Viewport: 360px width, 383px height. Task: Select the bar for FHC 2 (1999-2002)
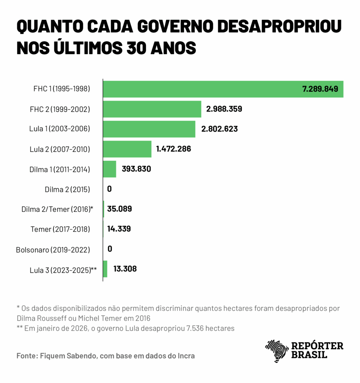[152, 109]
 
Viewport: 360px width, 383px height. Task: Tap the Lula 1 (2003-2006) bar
[149, 129]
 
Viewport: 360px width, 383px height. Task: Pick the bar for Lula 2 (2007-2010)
[127, 149]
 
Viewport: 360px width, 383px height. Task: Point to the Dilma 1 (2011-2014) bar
[110, 169]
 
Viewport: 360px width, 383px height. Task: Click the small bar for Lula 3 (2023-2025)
[105, 269]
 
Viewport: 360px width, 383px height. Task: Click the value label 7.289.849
[320, 89]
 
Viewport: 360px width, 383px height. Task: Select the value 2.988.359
[224, 109]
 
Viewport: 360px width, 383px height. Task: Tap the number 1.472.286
[174, 149]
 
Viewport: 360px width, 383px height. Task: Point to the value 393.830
[136, 169]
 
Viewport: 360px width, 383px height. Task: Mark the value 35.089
[119, 209]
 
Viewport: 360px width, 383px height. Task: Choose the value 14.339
[119, 229]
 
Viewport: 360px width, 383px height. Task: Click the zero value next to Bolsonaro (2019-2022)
[110, 249]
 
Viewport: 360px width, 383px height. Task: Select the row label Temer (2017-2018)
[60, 229]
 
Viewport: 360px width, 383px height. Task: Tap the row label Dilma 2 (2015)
[67, 189]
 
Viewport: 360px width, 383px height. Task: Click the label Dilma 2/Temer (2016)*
[57, 209]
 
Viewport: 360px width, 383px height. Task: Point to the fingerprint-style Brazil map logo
[277, 351]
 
